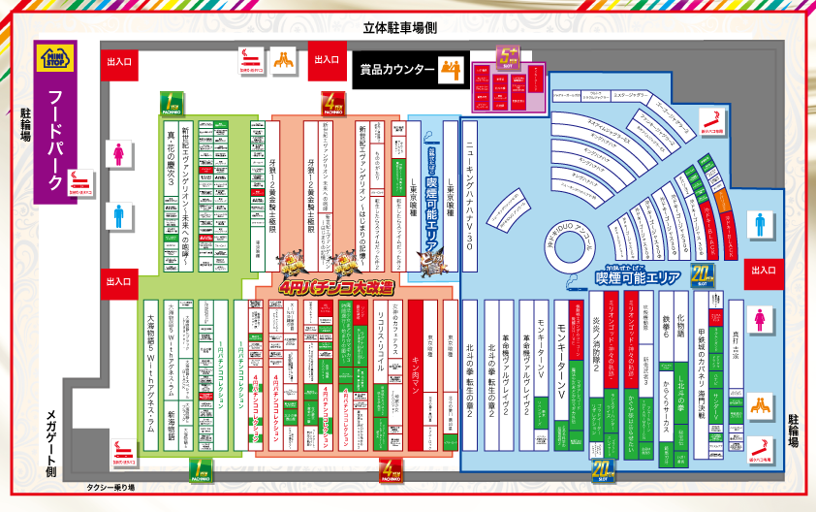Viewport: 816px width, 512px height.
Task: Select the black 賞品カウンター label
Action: tap(396, 70)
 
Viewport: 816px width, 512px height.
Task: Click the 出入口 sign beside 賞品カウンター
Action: tap(326, 61)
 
